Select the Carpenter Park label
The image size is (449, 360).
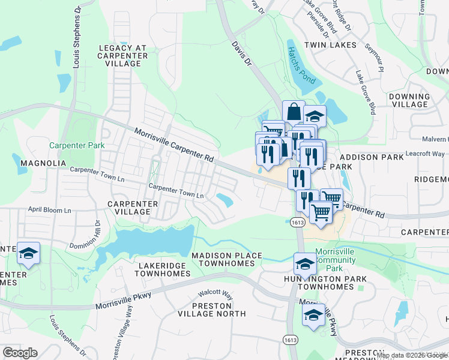coord(77,145)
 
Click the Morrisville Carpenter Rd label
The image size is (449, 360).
coord(174,145)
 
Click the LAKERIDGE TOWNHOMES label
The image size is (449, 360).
coord(163,269)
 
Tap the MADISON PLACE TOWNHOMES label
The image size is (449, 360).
coord(226,259)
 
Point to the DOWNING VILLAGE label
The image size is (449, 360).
coord(409,100)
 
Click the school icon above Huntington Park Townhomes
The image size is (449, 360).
coord(305,263)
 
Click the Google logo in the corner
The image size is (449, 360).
coord(20,353)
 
